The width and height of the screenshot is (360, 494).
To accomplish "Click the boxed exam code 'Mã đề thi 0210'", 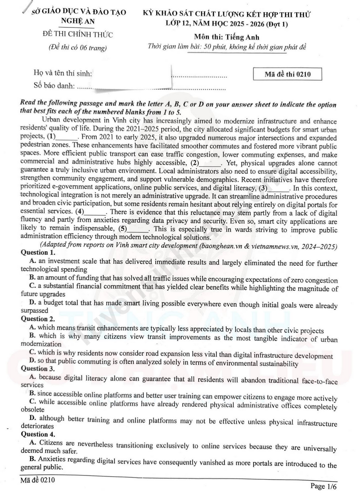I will [287, 74].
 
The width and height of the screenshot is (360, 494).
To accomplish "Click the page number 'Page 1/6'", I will [323, 486].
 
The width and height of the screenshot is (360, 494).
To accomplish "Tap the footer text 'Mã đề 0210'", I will [38, 480].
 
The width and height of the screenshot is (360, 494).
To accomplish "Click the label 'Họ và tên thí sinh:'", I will [63, 73].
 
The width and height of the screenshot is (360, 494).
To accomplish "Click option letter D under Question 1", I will [32, 303].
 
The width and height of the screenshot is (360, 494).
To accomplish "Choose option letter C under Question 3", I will [32, 402].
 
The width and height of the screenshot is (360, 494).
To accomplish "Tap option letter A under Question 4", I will [32, 443].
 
